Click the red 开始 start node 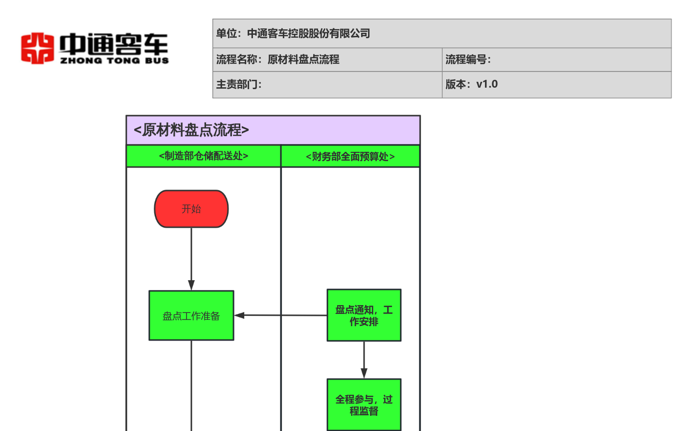tap(191, 209)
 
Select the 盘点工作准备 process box tap(191, 315)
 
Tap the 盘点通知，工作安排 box tap(364, 315)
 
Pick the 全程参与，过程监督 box tap(364, 405)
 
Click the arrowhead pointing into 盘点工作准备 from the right tap(239, 315)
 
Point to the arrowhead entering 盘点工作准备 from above tap(191, 285)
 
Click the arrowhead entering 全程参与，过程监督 tap(364, 373)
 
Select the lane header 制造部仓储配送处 tap(203, 156)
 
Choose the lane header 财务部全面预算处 tap(350, 156)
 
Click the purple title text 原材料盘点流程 tap(191, 130)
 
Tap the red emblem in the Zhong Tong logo tap(37, 48)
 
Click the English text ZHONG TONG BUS tap(115, 60)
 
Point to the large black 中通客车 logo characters tap(114, 44)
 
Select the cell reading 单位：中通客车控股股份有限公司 tap(442, 33)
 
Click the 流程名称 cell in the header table tap(327, 59)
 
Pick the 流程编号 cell tap(557, 59)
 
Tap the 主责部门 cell tap(327, 85)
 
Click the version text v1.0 tap(487, 84)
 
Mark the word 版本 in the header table tap(456, 84)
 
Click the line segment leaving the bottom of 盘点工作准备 tap(191, 386)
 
